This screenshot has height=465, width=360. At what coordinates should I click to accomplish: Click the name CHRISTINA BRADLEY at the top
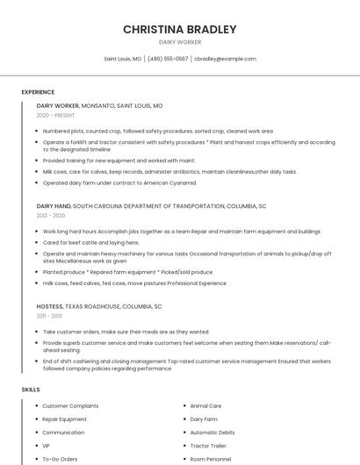pyautogui.click(x=179, y=29)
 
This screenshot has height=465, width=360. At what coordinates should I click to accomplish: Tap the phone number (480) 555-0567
pyautogui.click(x=168, y=59)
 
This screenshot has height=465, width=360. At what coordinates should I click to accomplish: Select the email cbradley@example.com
pyautogui.click(x=225, y=59)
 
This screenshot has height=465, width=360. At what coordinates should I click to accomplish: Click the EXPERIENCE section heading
pyautogui.click(x=38, y=92)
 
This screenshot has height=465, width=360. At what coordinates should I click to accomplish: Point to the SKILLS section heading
pyautogui.click(x=31, y=389)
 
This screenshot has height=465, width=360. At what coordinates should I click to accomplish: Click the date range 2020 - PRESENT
pyautogui.click(x=55, y=115)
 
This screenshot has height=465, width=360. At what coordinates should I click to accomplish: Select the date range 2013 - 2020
pyautogui.click(x=51, y=215)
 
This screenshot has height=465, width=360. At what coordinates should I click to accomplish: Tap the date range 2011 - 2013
pyautogui.click(x=49, y=316)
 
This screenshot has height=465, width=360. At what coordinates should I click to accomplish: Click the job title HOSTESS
pyautogui.click(x=51, y=307)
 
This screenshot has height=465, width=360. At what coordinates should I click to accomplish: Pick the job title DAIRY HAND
pyautogui.click(x=54, y=205)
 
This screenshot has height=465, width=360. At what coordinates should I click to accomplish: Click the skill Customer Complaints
pyautogui.click(x=71, y=406)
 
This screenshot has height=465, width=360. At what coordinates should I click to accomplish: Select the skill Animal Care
pyautogui.click(x=205, y=406)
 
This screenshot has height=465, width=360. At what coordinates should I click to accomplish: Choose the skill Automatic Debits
pyautogui.click(x=212, y=433)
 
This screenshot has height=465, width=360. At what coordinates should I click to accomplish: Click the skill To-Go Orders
pyautogui.click(x=60, y=459)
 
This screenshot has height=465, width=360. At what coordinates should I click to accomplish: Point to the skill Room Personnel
pyautogui.click(x=211, y=459)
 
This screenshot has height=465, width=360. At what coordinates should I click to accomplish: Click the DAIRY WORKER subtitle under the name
pyautogui.click(x=179, y=42)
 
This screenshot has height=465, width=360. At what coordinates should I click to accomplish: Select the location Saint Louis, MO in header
pyautogui.click(x=123, y=59)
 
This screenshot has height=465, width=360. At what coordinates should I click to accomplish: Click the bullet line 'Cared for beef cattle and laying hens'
pyautogui.click(x=90, y=242)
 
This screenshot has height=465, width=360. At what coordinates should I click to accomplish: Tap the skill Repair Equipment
pyautogui.click(x=64, y=419)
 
